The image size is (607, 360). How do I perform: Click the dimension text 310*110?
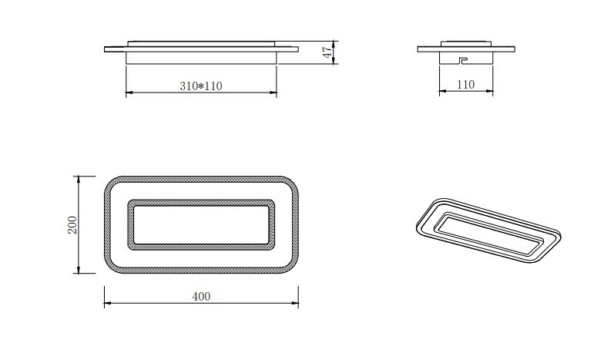click(200, 86)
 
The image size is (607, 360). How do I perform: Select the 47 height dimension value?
click(327, 52)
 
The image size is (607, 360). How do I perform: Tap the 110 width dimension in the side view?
click(465, 85)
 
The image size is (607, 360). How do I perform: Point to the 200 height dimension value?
click(72, 224)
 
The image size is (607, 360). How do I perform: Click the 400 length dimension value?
click(200, 297)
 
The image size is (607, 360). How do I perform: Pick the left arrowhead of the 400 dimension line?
click(106, 304)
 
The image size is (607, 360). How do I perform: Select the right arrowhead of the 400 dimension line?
click(297, 304)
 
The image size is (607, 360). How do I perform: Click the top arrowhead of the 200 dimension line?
click(77, 178)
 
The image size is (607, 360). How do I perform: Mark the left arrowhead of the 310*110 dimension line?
click(127, 93)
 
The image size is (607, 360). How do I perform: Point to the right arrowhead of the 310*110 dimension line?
click(274, 93)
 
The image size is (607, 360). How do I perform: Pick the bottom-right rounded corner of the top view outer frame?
click(292, 267)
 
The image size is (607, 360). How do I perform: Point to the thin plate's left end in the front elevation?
click(106, 50)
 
